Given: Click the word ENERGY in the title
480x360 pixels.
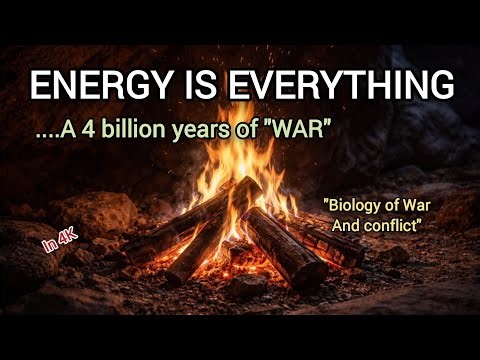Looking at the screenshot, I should point(88,87).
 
